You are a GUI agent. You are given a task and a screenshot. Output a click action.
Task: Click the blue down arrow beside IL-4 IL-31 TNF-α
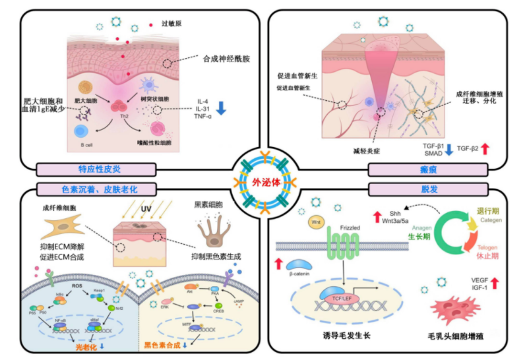(222, 108)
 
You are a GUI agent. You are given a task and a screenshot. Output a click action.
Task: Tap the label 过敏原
(171, 24)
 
